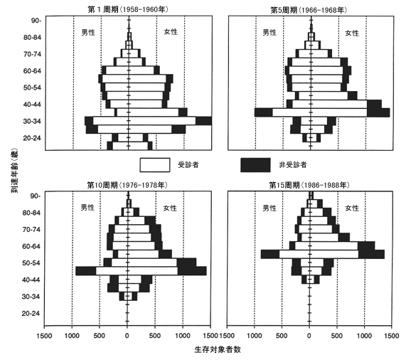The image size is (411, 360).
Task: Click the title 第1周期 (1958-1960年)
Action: [x=128, y=9]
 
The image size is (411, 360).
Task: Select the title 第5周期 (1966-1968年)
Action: [x=309, y=10]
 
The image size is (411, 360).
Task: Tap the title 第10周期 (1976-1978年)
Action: [x=127, y=185]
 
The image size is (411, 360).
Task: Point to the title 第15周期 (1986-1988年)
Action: [x=309, y=185]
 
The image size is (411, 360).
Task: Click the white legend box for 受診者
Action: [x=155, y=165]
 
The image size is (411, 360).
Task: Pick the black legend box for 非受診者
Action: [x=255, y=165]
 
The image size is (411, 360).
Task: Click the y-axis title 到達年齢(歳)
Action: [x=15, y=171]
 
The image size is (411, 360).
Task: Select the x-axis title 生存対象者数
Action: [x=218, y=349]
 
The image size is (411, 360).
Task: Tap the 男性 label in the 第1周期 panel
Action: [x=88, y=33]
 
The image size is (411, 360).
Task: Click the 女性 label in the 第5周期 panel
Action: [x=352, y=33]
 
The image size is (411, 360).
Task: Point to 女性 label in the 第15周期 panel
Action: [x=352, y=208]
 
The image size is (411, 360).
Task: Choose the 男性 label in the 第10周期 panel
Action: [x=87, y=208]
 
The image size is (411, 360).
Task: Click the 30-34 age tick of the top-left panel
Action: [x=32, y=121]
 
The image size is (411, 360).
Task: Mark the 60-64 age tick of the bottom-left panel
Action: [x=31, y=246]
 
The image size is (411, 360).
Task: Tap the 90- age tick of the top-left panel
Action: [x=36, y=21]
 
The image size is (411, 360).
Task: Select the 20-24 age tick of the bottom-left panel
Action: [x=31, y=313]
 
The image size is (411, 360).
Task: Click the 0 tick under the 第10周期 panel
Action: [x=127, y=336]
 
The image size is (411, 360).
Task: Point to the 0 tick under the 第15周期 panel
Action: [x=309, y=336]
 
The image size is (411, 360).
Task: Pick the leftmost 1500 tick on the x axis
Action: [x=44, y=336]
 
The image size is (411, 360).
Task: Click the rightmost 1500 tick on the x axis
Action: [x=392, y=336]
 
